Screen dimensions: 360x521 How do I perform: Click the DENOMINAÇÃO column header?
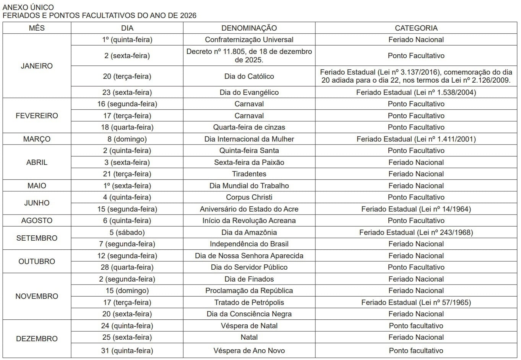249,28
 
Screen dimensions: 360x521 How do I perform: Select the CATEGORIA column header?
416,28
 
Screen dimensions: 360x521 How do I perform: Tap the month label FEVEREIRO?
37,116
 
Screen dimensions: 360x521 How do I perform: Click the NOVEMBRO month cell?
37,296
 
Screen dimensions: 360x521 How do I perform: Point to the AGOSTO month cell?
37,220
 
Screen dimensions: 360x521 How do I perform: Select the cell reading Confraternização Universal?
249,39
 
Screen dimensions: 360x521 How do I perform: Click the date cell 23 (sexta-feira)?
127,92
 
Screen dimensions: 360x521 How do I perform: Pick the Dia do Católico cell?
249,76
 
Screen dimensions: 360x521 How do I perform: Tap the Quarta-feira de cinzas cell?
249,127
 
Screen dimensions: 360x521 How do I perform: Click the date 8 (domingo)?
127,139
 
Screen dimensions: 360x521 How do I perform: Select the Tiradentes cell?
249,174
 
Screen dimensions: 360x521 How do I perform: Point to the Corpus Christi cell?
249,197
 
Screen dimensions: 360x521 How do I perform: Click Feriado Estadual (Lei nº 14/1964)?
416,209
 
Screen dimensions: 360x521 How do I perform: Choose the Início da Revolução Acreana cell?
249,220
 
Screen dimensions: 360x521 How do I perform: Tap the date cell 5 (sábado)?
127,232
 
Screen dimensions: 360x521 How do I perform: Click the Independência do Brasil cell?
249,244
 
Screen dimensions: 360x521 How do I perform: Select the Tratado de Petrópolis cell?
249,302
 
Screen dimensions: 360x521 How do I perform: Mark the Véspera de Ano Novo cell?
249,350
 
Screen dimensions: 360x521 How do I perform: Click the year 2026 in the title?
187,15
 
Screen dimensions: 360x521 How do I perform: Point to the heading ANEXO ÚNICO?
28,7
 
